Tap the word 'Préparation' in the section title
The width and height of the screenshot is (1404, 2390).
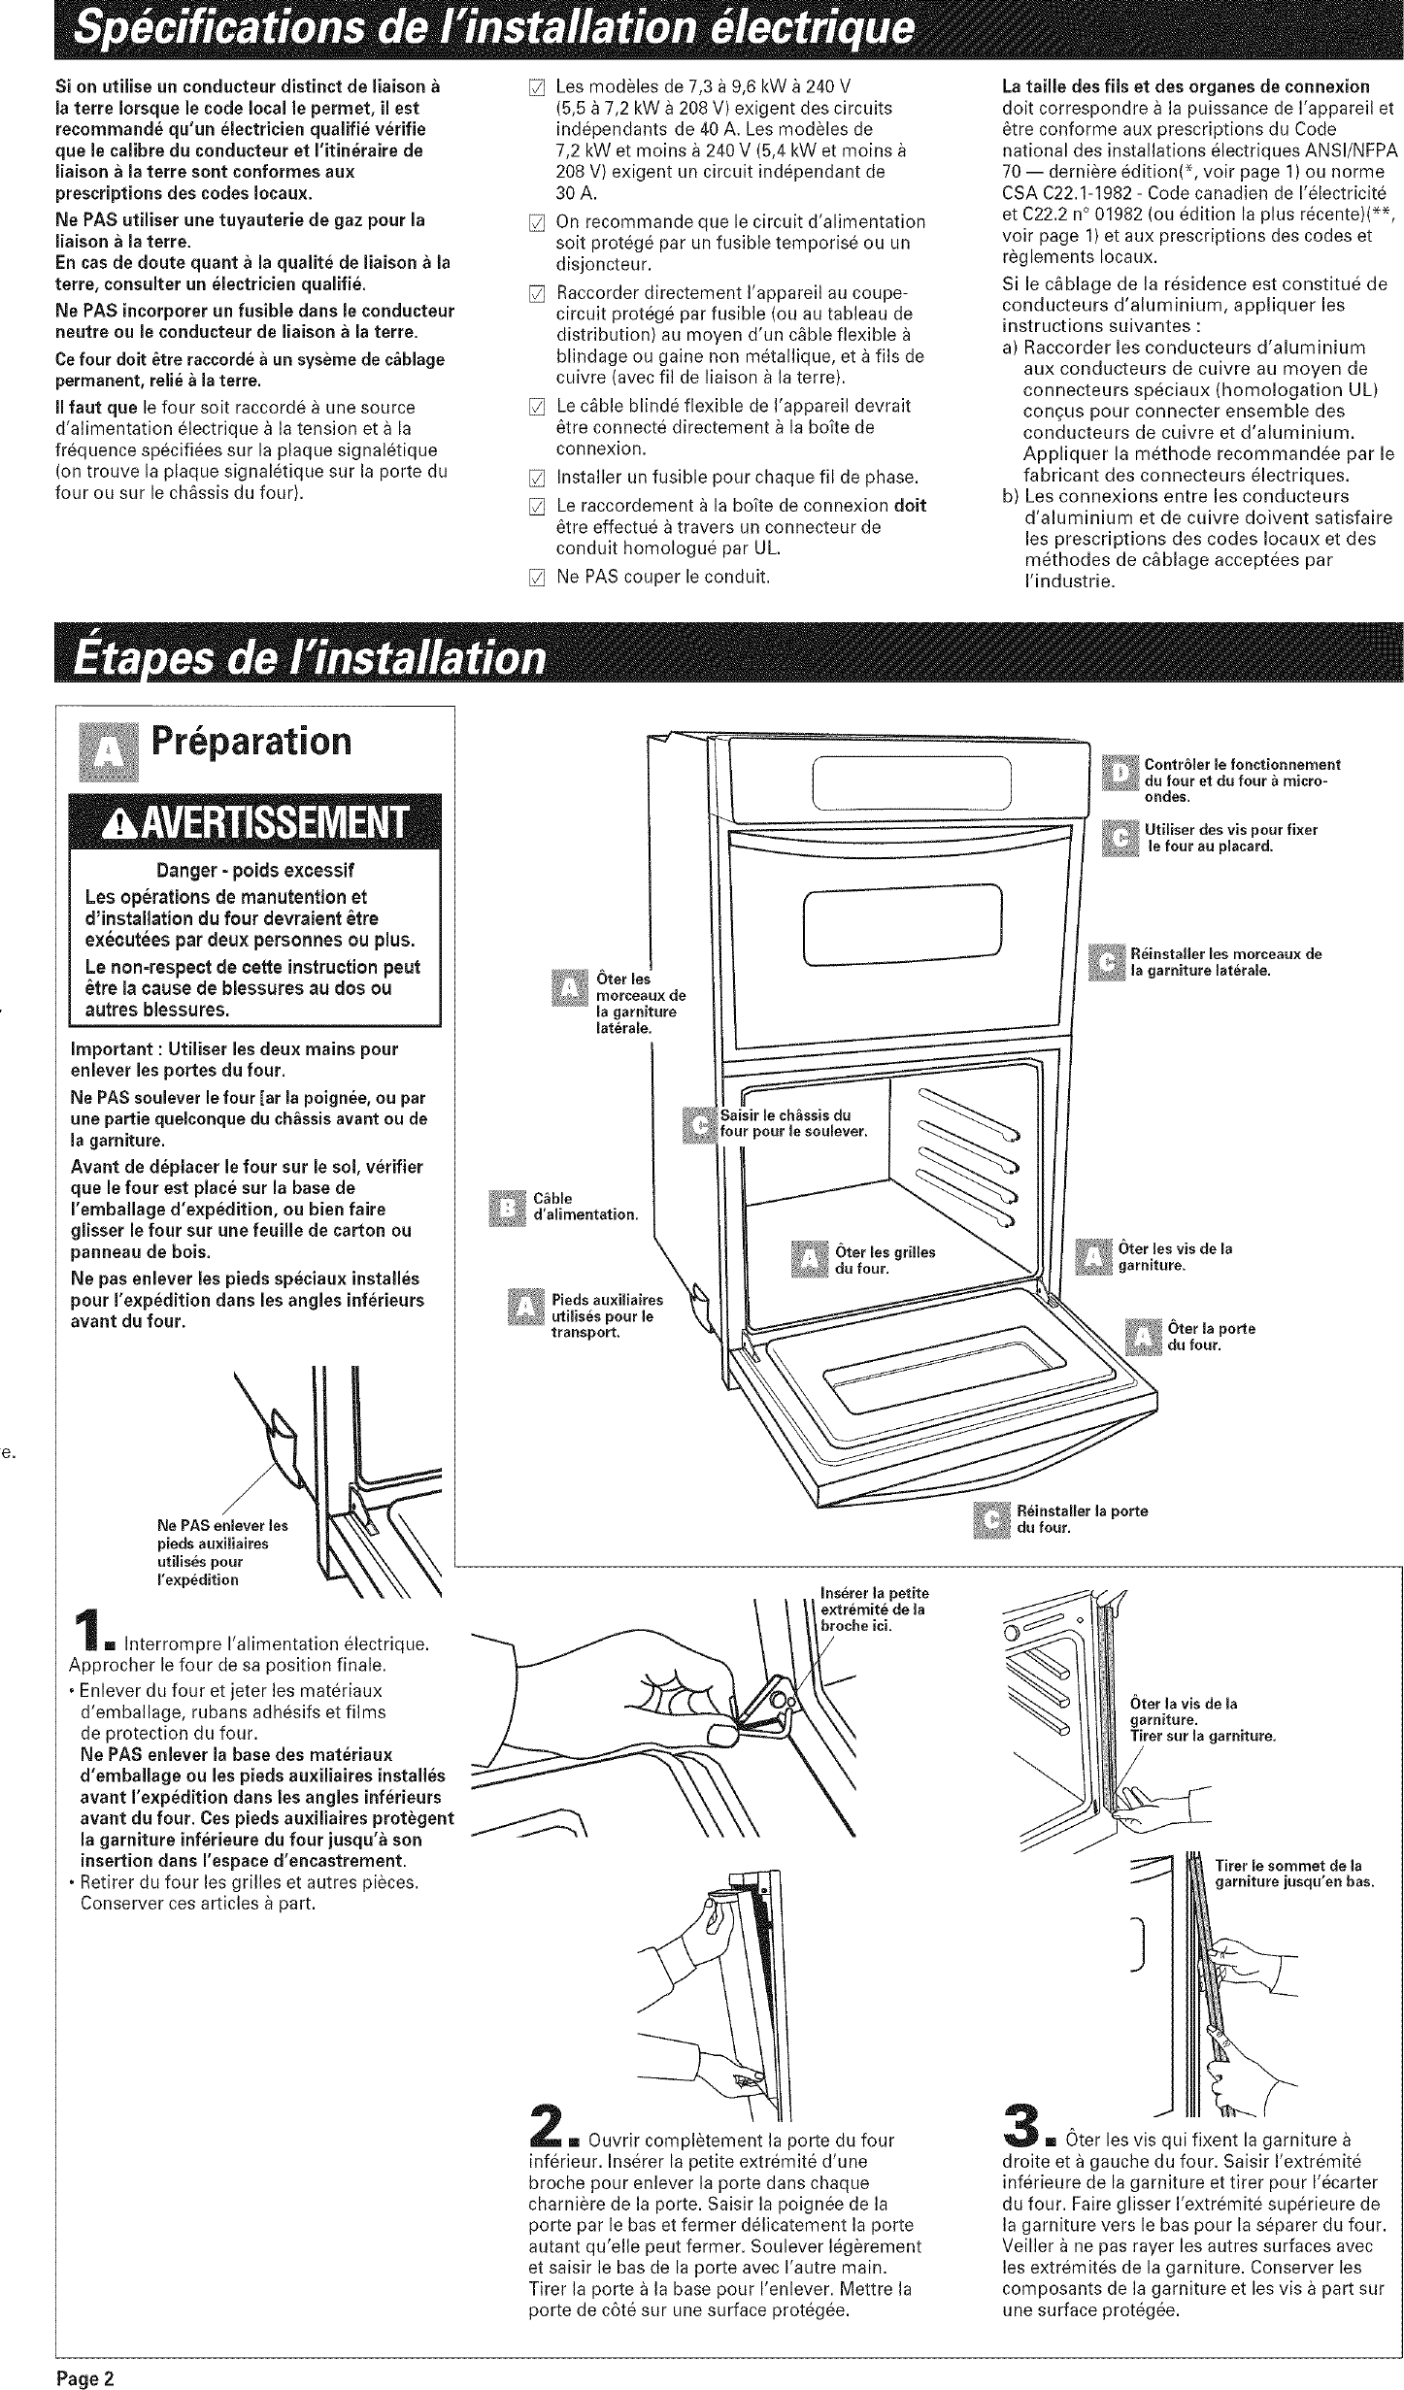[x=251, y=742]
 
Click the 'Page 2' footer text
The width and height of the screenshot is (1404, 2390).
[x=84, y=2372]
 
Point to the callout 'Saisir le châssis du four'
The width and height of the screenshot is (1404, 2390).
[x=790, y=1123]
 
